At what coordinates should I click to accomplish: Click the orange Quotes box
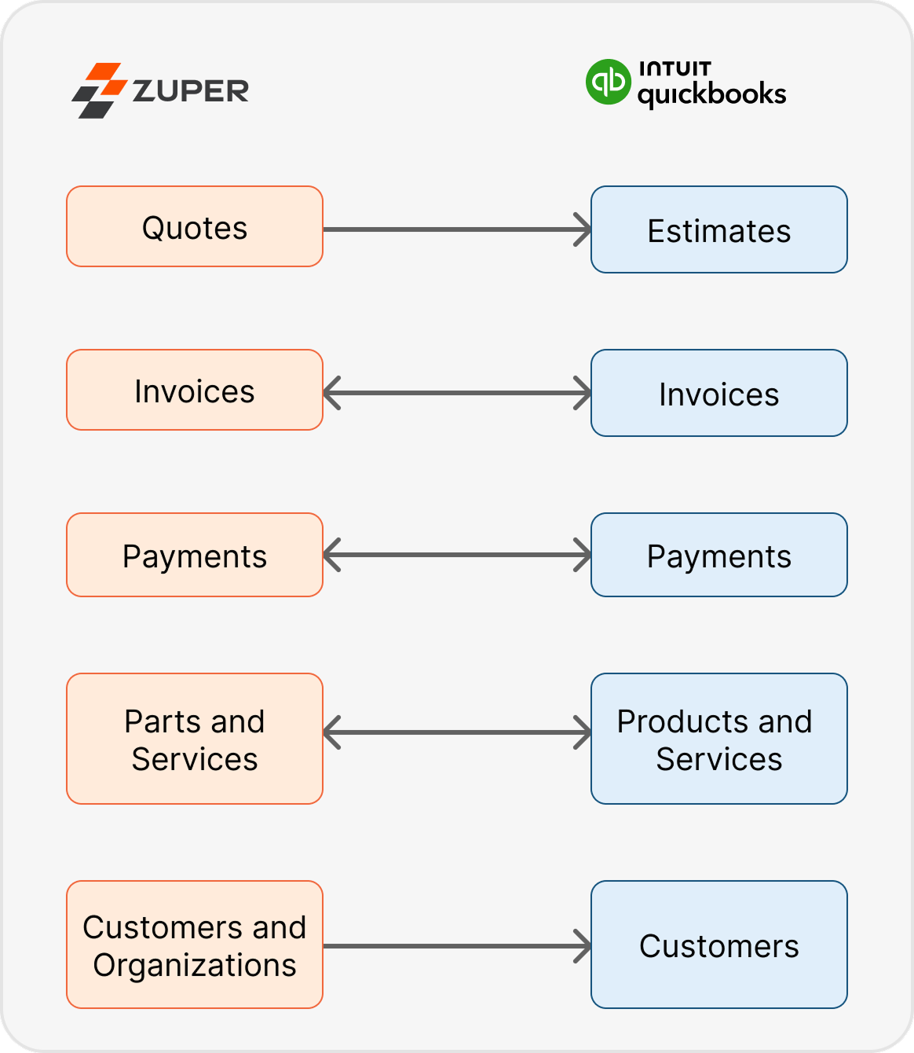(x=195, y=227)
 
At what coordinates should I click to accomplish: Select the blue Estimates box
(x=718, y=230)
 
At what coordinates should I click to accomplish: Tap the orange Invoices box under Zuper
(x=195, y=391)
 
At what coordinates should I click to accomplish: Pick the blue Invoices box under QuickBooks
(x=718, y=394)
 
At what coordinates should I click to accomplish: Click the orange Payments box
(x=195, y=556)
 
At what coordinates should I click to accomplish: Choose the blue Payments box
(x=718, y=556)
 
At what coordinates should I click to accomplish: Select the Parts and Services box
(x=195, y=739)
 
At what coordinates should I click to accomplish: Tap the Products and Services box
(x=718, y=739)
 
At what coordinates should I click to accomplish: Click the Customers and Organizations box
(x=195, y=945)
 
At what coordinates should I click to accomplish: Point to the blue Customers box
(x=718, y=945)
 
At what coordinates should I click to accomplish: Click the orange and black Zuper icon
(x=100, y=90)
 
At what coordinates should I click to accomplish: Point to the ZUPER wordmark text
(x=191, y=91)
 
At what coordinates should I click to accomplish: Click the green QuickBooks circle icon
(x=608, y=82)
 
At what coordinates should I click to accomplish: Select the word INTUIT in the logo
(x=675, y=69)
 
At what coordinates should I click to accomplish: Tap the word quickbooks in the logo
(x=711, y=95)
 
